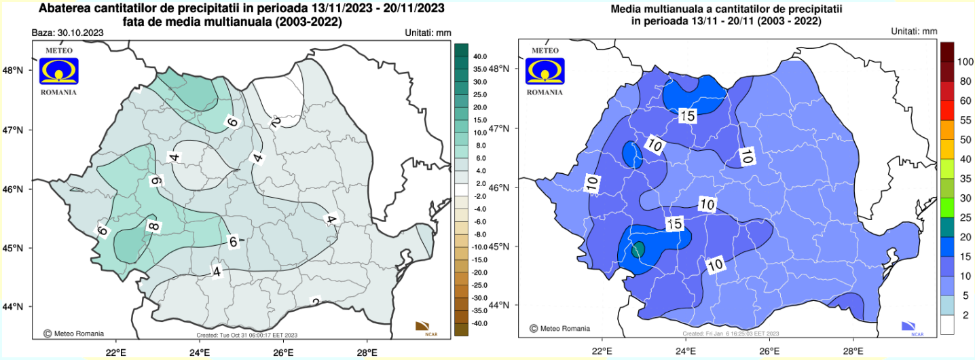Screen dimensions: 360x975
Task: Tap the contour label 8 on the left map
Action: click(153, 227)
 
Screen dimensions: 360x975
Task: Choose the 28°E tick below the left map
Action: click(367, 351)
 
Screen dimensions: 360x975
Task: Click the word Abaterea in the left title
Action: click(67, 9)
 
